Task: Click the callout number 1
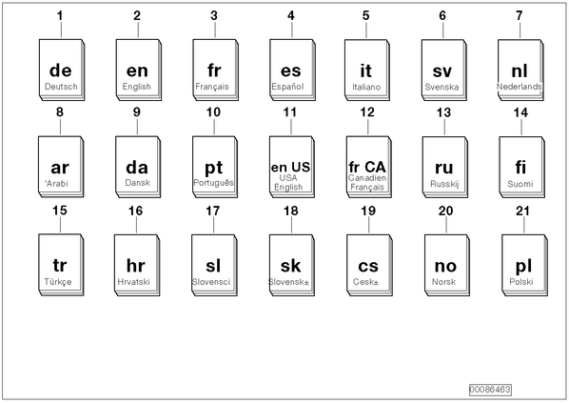60,15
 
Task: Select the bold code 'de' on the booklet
61,71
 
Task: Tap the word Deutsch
61,87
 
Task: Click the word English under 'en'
136,87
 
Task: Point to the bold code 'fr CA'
367,167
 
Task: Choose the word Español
287,87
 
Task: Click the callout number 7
520,15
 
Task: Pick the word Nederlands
519,87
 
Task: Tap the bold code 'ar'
60,168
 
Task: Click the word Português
213,183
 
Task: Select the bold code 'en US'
290,167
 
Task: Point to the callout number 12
367,112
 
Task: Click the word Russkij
444,184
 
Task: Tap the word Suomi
520,184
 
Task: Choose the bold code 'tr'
60,265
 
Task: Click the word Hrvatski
133,282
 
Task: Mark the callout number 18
290,211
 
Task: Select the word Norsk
443,282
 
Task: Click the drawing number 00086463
490,390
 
